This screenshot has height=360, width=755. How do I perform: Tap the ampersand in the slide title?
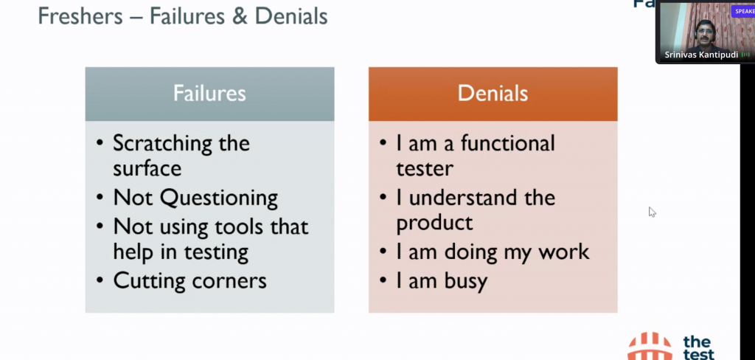pos(241,16)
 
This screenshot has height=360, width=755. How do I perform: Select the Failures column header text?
pos(209,94)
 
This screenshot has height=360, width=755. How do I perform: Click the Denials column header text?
pos(493,94)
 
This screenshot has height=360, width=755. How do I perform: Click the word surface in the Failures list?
pos(147,169)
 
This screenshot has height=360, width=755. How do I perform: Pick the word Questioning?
pos(219,198)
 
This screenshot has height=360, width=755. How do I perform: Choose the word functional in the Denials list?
pos(508,143)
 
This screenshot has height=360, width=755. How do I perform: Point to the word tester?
pos(425,169)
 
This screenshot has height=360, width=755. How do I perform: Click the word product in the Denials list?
pos(434,224)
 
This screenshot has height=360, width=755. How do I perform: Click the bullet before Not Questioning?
pos(100,198)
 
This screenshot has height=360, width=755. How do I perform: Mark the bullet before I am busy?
pos(383,280)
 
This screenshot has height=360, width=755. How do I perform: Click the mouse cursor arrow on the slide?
pos(652,212)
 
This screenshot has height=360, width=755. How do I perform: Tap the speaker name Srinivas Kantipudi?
pos(701,55)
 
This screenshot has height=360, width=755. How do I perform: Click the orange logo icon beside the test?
pos(650,346)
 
